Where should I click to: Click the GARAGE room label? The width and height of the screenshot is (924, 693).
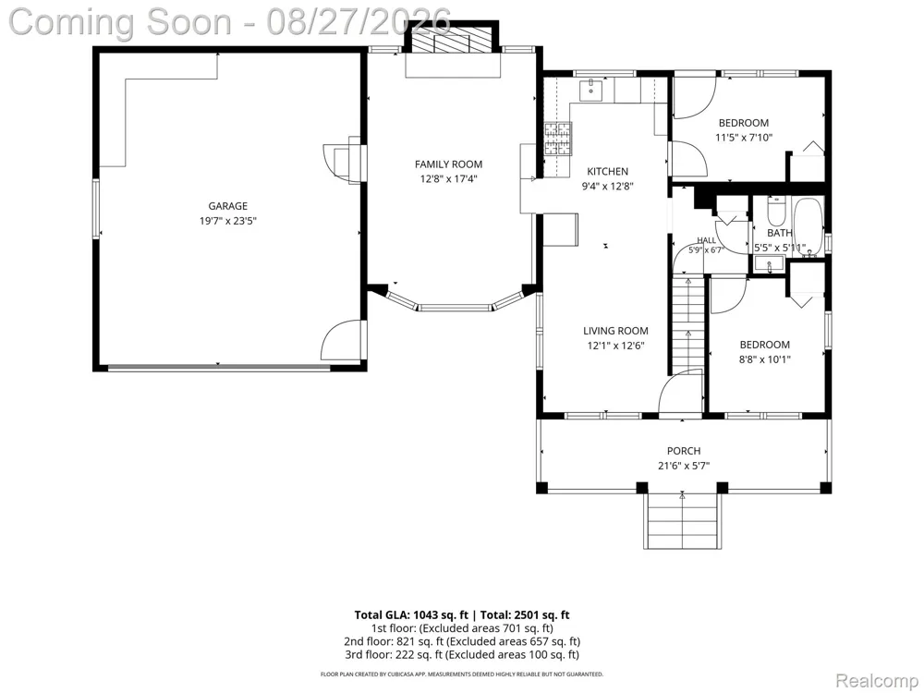[x=227, y=206]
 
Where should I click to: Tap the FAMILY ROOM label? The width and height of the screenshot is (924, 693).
[x=448, y=164]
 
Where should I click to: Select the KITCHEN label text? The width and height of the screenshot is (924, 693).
[x=608, y=172]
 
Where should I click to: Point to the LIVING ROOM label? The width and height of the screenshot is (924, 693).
[x=615, y=331]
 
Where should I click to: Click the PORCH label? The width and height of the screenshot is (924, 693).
[x=684, y=452]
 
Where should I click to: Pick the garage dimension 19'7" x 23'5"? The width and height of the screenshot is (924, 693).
[x=228, y=222]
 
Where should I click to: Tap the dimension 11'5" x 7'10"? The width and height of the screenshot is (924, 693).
[x=744, y=138]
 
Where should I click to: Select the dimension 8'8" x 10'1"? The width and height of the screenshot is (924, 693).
[x=765, y=359]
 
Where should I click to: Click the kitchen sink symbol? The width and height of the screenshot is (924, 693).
[x=590, y=91]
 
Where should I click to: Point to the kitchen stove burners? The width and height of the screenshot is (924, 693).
[x=557, y=139]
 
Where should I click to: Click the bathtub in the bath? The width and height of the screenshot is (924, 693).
[x=808, y=227]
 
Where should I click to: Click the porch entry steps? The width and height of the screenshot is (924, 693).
[x=683, y=521]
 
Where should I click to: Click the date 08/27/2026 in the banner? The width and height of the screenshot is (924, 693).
[x=359, y=21]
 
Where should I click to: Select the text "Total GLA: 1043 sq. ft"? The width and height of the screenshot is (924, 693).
[x=411, y=615]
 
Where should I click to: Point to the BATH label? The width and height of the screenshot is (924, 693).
[x=780, y=234]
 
